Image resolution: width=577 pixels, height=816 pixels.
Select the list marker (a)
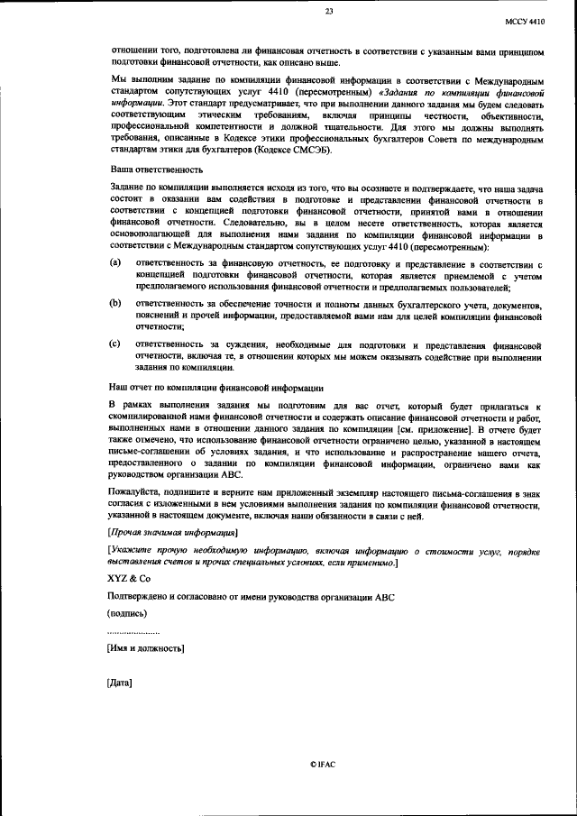[x=115, y=261]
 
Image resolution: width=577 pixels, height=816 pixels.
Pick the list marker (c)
[x=115, y=344]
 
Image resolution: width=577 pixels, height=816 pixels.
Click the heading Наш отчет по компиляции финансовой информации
[x=216, y=388]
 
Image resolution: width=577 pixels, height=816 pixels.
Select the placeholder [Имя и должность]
[x=146, y=647]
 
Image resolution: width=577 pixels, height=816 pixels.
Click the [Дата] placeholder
[x=120, y=682]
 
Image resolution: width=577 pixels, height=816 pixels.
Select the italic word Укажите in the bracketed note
[x=133, y=549]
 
